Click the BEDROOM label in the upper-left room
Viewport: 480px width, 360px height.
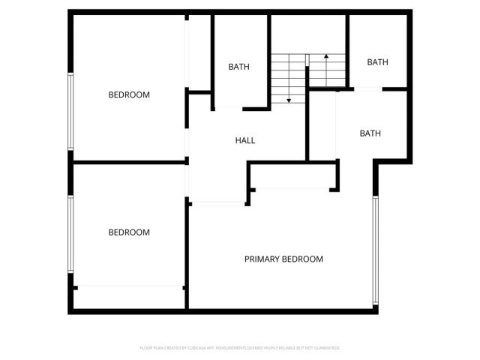coord(129,95)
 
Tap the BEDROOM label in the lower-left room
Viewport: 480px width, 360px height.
coord(129,232)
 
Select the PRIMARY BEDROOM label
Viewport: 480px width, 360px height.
coord(283,259)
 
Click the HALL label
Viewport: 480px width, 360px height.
coord(245,140)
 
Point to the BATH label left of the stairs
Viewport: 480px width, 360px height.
coord(238,67)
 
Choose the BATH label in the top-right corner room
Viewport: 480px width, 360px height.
coord(377,62)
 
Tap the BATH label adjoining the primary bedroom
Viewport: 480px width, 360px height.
coord(370,133)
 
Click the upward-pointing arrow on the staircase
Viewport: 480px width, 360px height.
coord(326,58)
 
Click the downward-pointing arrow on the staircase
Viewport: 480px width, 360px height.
coord(289,98)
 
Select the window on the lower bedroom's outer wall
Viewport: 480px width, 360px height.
coord(71,234)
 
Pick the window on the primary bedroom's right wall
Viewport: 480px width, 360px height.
coord(376,251)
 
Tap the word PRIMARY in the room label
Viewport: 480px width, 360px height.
coord(262,259)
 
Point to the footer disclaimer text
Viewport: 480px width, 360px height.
coord(240,348)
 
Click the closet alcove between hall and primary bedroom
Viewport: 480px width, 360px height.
coord(292,178)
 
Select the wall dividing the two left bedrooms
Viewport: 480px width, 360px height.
coord(129,162)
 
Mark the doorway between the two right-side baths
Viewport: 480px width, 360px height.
coord(367,89)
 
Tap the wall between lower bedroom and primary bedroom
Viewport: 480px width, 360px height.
coord(187,255)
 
